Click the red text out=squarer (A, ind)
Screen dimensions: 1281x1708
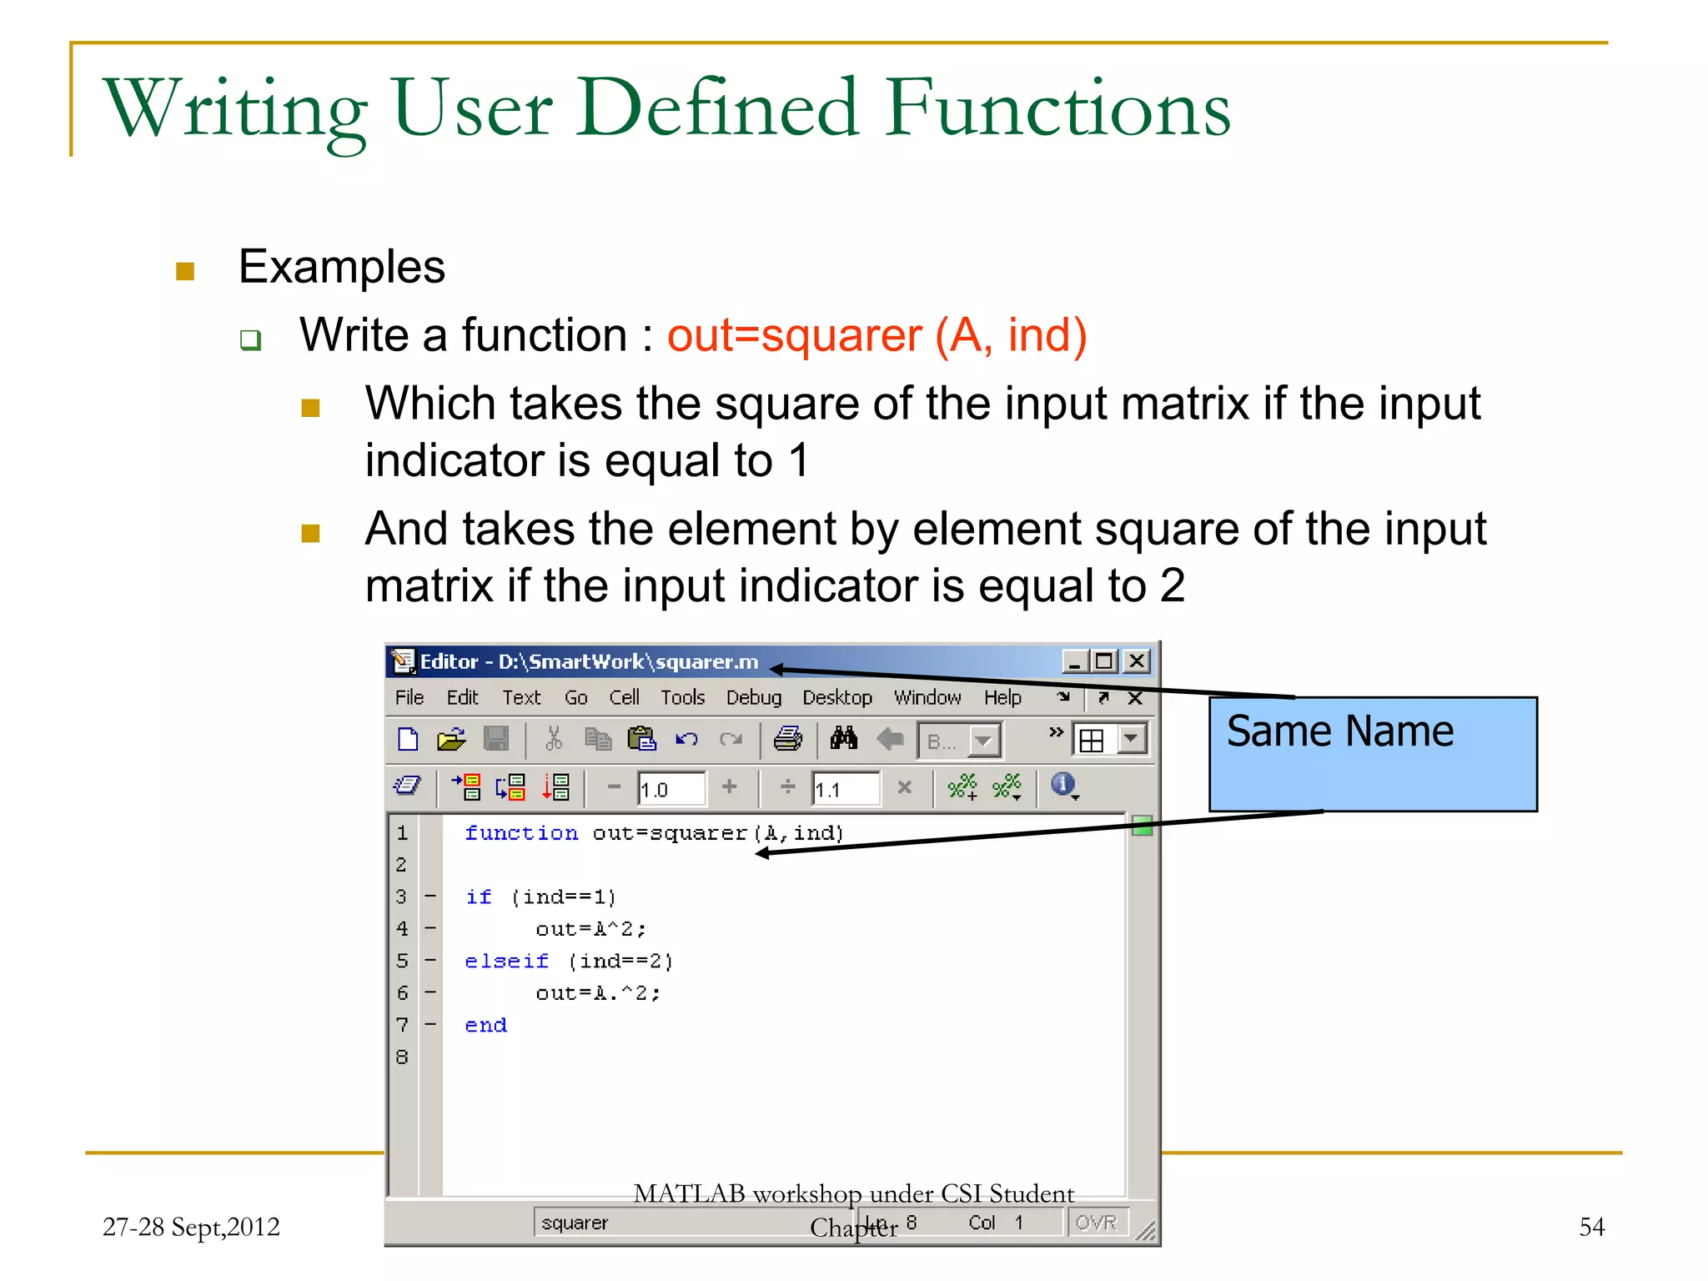[x=876, y=336]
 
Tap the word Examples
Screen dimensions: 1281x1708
[x=341, y=267]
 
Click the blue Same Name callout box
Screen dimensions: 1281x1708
[x=1372, y=755]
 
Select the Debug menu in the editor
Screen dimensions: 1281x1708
[x=753, y=697]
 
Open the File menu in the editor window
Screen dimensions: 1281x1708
[x=409, y=697]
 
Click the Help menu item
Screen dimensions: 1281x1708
[x=1002, y=697]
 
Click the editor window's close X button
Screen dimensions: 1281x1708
[x=1136, y=661]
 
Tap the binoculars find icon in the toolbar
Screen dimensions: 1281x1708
[x=843, y=738]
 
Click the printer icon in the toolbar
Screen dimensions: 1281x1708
[x=787, y=738]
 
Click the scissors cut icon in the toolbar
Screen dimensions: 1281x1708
[x=553, y=738]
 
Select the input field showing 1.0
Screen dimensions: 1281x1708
[x=671, y=789]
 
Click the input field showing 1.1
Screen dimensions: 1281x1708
[x=845, y=789]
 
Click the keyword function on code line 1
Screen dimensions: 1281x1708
[x=520, y=833]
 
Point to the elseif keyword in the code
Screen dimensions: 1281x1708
[x=506, y=961]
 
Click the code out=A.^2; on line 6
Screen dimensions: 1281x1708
[x=597, y=993]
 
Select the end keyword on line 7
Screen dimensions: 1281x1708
[x=485, y=1025]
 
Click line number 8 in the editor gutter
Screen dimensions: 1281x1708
[x=402, y=1057]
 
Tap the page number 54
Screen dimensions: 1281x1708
[x=1591, y=1227]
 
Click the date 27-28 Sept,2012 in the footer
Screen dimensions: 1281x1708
[x=191, y=1227]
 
